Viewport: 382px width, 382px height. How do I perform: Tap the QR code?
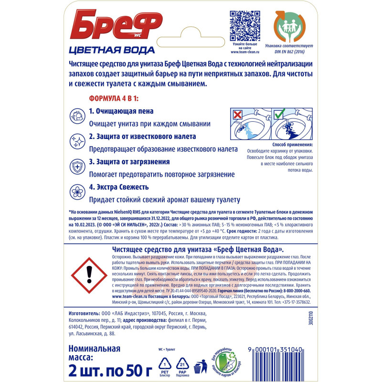(x=245, y=24)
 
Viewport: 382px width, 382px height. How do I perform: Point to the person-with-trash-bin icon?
(x=201, y=365)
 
